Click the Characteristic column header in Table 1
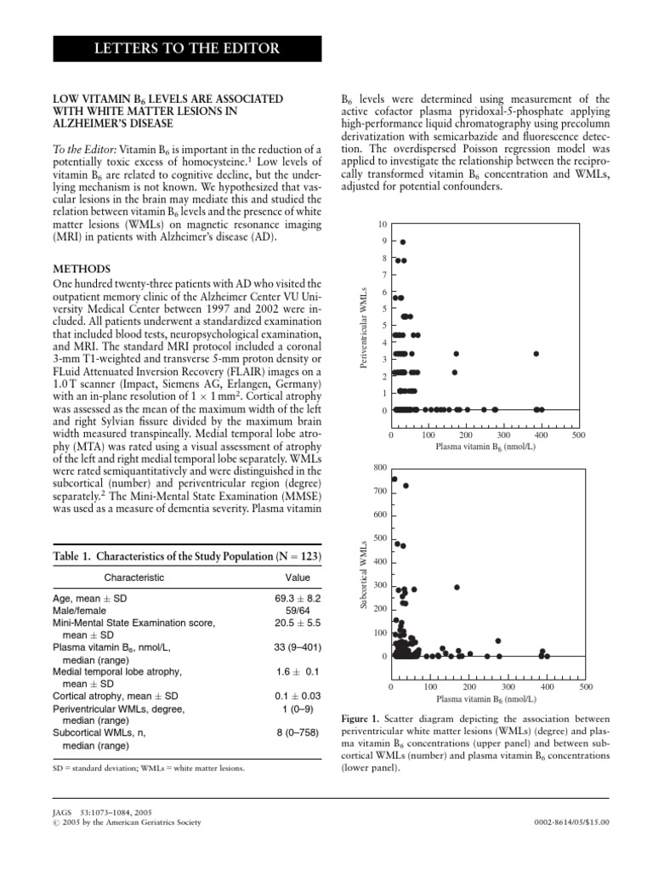tap(133, 578)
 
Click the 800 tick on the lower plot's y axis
tap(379, 468)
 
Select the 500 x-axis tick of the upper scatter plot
tap(578, 435)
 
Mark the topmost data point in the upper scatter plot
tap(403, 242)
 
